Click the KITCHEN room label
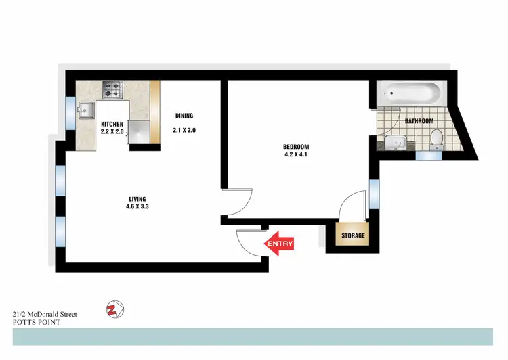click(112, 124)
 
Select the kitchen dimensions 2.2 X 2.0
click(112, 131)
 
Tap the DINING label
click(184, 115)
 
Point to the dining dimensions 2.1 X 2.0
click(184, 130)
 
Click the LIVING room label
click(137, 198)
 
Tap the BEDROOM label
click(296, 147)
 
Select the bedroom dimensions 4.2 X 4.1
click(296, 155)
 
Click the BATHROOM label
click(419, 121)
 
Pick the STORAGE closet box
click(352, 235)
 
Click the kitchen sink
click(87, 109)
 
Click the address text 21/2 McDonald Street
click(45, 314)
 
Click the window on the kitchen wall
click(70, 112)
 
